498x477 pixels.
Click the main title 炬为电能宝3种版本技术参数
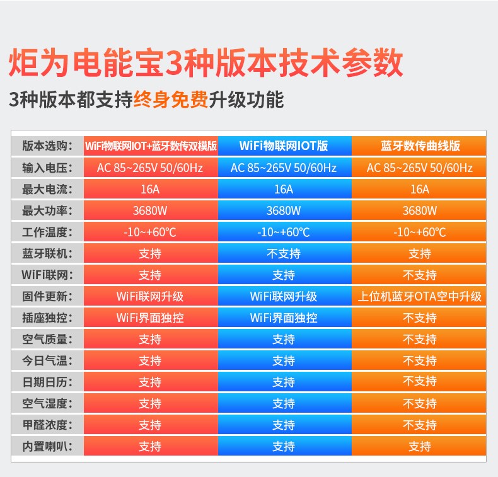(206, 62)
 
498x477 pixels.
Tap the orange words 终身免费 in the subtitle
(171, 100)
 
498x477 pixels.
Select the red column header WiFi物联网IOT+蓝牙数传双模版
(151, 146)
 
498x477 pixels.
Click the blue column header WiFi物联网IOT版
(284, 146)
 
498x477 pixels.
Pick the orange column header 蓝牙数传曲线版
(420, 146)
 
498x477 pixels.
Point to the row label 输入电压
(47, 168)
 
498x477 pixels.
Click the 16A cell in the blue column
(284, 189)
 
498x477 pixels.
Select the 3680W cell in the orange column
(420, 210)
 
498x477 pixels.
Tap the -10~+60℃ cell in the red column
(150, 232)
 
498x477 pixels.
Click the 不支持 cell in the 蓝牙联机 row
(284, 253)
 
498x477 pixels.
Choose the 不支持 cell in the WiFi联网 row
(420, 275)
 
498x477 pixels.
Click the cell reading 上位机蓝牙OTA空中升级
(420, 296)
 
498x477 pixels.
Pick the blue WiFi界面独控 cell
(284, 318)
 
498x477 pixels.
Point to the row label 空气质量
(47, 339)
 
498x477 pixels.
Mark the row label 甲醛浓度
(47, 425)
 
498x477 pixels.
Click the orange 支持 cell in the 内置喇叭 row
(420, 446)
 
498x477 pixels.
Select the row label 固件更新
(47, 296)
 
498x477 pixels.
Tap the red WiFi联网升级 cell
(150, 296)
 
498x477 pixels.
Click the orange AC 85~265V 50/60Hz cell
(420, 168)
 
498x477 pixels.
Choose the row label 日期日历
(47, 382)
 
